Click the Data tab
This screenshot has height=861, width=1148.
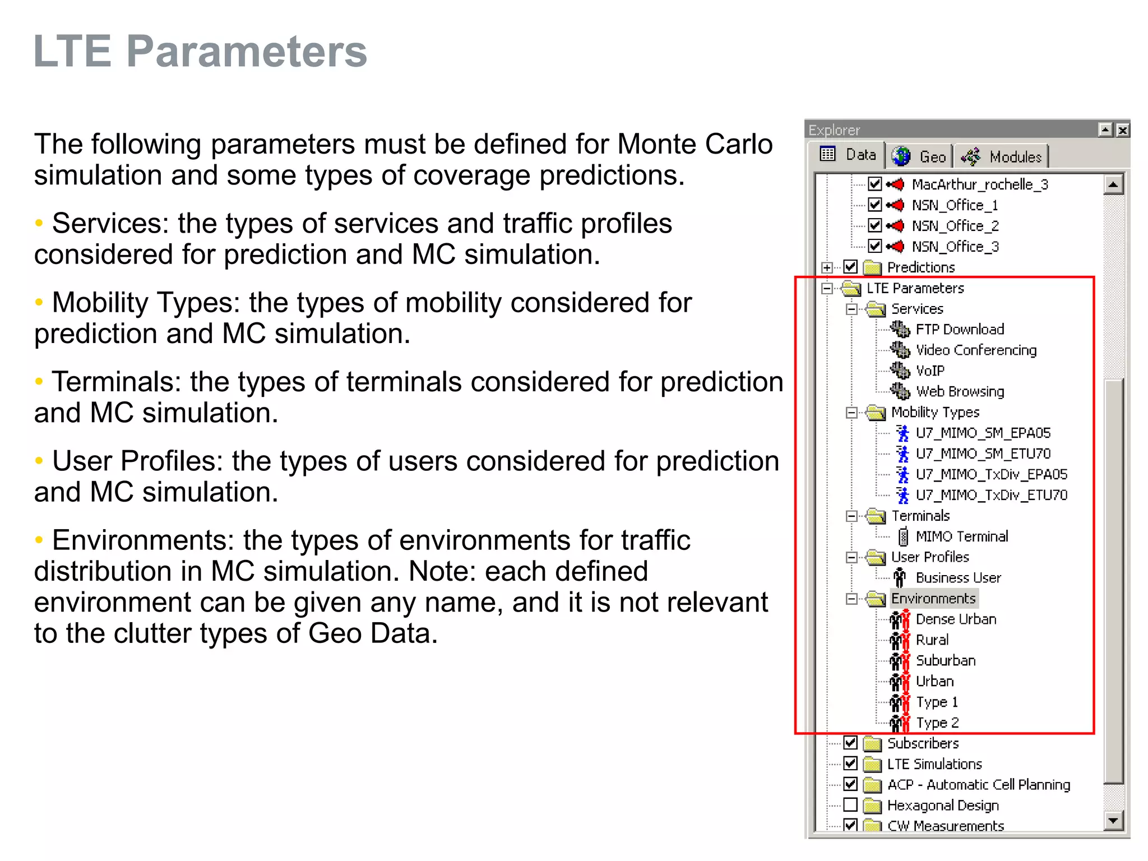(x=849, y=155)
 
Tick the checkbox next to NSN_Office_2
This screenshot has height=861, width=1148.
(x=874, y=225)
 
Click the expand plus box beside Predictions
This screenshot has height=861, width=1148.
(x=827, y=267)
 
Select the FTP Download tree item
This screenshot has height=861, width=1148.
(x=959, y=329)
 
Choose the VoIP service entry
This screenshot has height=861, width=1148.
(x=929, y=371)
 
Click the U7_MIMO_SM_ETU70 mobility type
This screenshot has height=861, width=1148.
(x=982, y=453)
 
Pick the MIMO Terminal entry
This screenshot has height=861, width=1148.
(x=961, y=536)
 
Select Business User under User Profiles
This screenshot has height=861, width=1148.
(x=957, y=578)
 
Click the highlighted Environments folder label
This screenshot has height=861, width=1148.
(x=933, y=599)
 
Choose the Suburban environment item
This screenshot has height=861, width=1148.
(x=945, y=661)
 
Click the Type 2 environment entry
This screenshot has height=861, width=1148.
(x=937, y=723)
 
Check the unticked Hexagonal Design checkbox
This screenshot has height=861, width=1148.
(x=850, y=805)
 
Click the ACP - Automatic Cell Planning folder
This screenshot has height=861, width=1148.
(x=978, y=785)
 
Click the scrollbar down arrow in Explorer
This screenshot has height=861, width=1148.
(x=1113, y=821)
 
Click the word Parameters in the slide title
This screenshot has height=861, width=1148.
(x=247, y=52)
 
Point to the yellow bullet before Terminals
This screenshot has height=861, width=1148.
(x=39, y=382)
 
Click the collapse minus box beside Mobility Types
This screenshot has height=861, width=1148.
(x=851, y=413)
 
